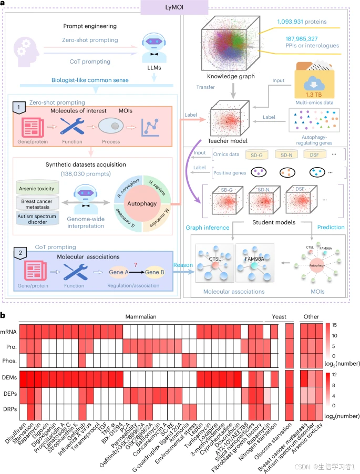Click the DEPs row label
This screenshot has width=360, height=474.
click(x=11, y=392)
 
